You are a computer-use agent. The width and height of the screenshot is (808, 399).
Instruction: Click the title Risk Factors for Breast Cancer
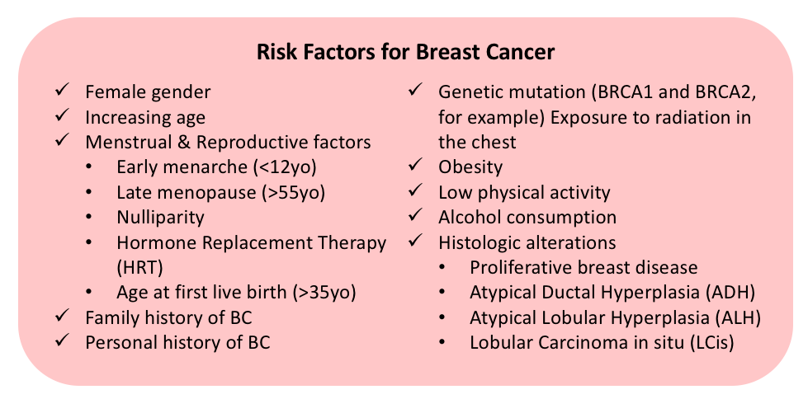coord(405,53)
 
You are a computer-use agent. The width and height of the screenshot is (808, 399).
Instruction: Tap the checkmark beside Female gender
coord(63,91)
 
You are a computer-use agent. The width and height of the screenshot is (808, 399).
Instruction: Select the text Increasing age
coord(145,118)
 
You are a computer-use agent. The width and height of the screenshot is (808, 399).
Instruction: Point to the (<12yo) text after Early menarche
coord(283,167)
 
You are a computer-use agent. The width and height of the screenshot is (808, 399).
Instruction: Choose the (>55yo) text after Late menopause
coord(293,193)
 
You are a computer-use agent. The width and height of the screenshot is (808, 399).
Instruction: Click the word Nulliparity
coord(160,218)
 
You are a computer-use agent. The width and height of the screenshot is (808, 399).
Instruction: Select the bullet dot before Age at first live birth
coord(90,293)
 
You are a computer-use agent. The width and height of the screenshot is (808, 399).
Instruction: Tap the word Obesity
coord(470,167)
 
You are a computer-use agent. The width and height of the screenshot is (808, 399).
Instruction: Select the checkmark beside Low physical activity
coord(415,191)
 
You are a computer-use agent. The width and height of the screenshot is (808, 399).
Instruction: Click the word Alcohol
coord(469,218)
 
